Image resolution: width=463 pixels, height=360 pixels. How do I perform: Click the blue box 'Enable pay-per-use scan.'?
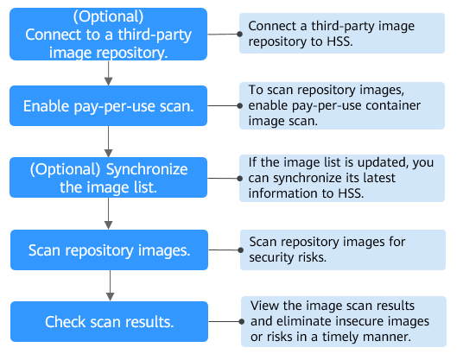(x=108, y=105)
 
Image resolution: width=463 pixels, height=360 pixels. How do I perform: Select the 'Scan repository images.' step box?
(x=109, y=250)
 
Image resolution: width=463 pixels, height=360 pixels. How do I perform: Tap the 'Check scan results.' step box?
(x=109, y=321)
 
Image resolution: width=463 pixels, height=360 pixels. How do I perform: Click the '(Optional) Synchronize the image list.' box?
(x=108, y=177)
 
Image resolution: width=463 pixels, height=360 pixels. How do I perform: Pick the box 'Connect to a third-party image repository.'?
(x=108, y=35)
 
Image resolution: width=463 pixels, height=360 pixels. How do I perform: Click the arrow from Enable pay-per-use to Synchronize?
(x=108, y=142)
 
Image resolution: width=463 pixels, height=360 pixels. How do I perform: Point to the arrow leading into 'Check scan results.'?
(x=111, y=286)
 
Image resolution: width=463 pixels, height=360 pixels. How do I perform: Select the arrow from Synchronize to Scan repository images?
(x=108, y=213)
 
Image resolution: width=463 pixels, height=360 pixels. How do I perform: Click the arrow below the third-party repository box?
(x=108, y=73)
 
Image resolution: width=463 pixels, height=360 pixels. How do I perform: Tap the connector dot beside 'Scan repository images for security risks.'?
(x=241, y=250)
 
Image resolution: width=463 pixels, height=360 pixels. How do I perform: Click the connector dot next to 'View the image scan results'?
(x=242, y=321)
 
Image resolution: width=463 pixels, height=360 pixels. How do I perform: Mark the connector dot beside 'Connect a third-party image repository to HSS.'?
(x=240, y=35)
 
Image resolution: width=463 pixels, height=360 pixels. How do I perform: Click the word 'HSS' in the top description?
(x=339, y=41)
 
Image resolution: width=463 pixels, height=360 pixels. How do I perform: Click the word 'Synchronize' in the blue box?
(x=147, y=169)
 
